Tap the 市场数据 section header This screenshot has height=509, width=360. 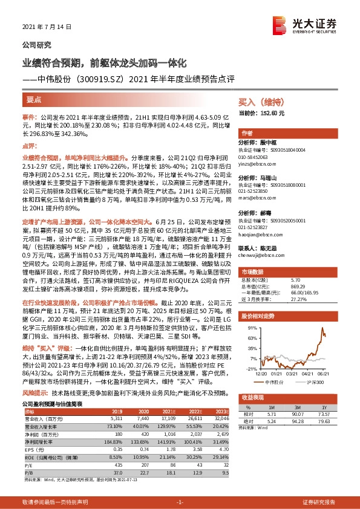252,272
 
